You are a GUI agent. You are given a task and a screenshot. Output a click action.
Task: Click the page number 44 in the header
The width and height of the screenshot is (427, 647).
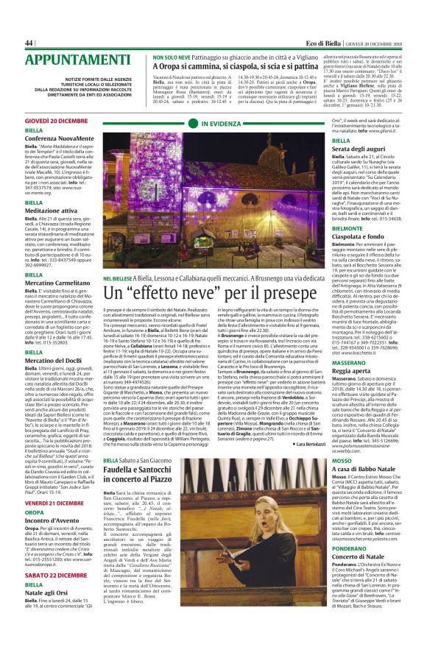(x=29, y=43)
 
